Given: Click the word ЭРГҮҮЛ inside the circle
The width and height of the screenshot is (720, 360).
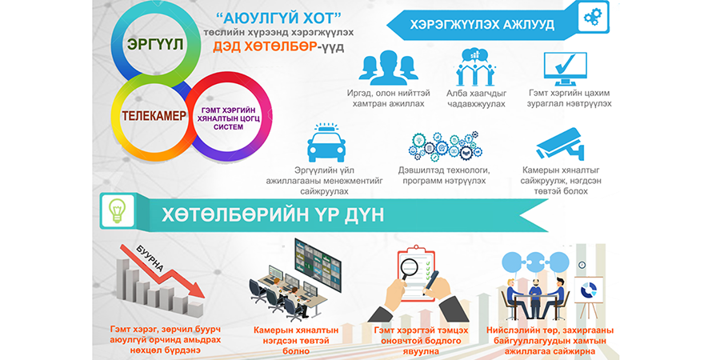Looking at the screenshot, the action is pos(156,46).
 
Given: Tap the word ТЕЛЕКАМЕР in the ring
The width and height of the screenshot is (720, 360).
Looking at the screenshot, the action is pos(154,116).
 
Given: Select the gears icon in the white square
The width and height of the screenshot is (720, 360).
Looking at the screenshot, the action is pos(593,18).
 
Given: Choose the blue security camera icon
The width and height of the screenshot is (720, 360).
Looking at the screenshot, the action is pos(560,144).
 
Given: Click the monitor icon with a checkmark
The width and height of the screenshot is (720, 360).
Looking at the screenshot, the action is pos(565,69).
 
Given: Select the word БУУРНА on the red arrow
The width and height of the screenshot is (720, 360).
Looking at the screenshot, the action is pos(150,259).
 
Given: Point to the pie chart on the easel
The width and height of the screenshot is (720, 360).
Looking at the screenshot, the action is pos(588,290).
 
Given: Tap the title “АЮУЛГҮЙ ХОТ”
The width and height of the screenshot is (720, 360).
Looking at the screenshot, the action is pos(278,19).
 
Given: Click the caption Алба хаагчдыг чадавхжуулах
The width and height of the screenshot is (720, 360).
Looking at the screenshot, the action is pos(476,98).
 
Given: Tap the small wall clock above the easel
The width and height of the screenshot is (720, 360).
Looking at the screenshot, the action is pos(582,265).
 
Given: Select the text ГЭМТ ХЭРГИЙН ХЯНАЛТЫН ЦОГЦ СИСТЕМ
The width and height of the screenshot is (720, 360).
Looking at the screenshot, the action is pos(228,119).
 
